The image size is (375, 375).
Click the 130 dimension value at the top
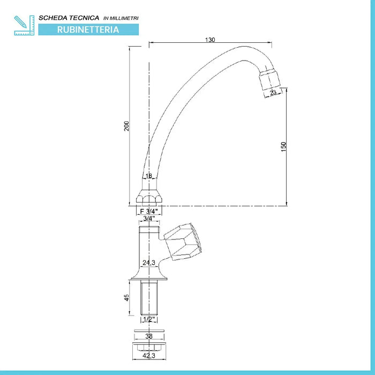tap(209, 40)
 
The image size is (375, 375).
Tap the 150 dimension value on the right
tap(283, 146)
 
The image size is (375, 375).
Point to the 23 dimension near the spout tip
tap(273, 93)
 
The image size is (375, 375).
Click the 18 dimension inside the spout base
tap(149, 176)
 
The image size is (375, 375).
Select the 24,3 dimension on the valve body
tap(148, 262)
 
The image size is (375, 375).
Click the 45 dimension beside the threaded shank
tap(126, 297)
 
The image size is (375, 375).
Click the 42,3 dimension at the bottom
tap(148, 354)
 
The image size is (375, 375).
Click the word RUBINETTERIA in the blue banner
tap(88, 30)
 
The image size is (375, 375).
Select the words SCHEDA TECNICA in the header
tap(69, 18)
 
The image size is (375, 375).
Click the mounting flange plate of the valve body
tap(148, 277)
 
